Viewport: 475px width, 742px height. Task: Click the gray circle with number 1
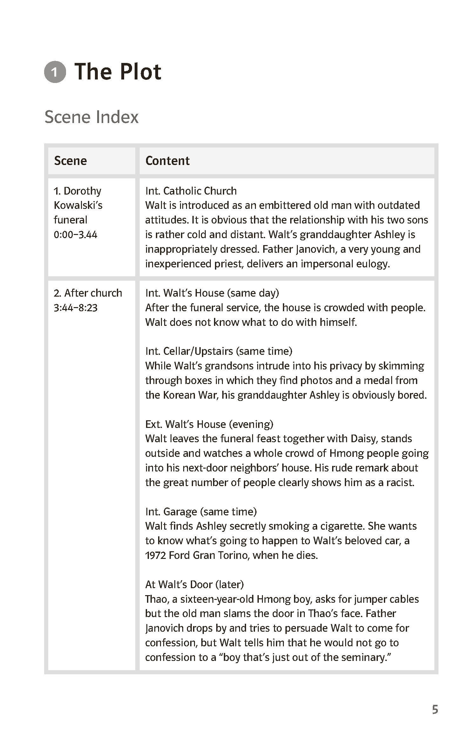[55, 72]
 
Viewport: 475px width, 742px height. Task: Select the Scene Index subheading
[91, 117]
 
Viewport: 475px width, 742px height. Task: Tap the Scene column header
[70, 161]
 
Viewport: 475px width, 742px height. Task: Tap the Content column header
[167, 161]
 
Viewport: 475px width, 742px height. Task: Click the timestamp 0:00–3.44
[76, 235]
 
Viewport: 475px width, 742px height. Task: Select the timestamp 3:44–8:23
[76, 308]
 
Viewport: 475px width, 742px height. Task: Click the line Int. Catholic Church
[191, 191]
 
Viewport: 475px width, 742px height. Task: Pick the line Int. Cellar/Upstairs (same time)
[219, 351]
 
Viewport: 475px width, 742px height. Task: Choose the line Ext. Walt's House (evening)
[209, 424]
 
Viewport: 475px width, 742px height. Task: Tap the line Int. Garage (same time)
[201, 512]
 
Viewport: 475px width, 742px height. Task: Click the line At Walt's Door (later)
[194, 584]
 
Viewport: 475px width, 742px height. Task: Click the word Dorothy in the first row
[83, 191]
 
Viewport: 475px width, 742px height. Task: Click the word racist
[400, 483]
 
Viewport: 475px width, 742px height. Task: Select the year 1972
[155, 555]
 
